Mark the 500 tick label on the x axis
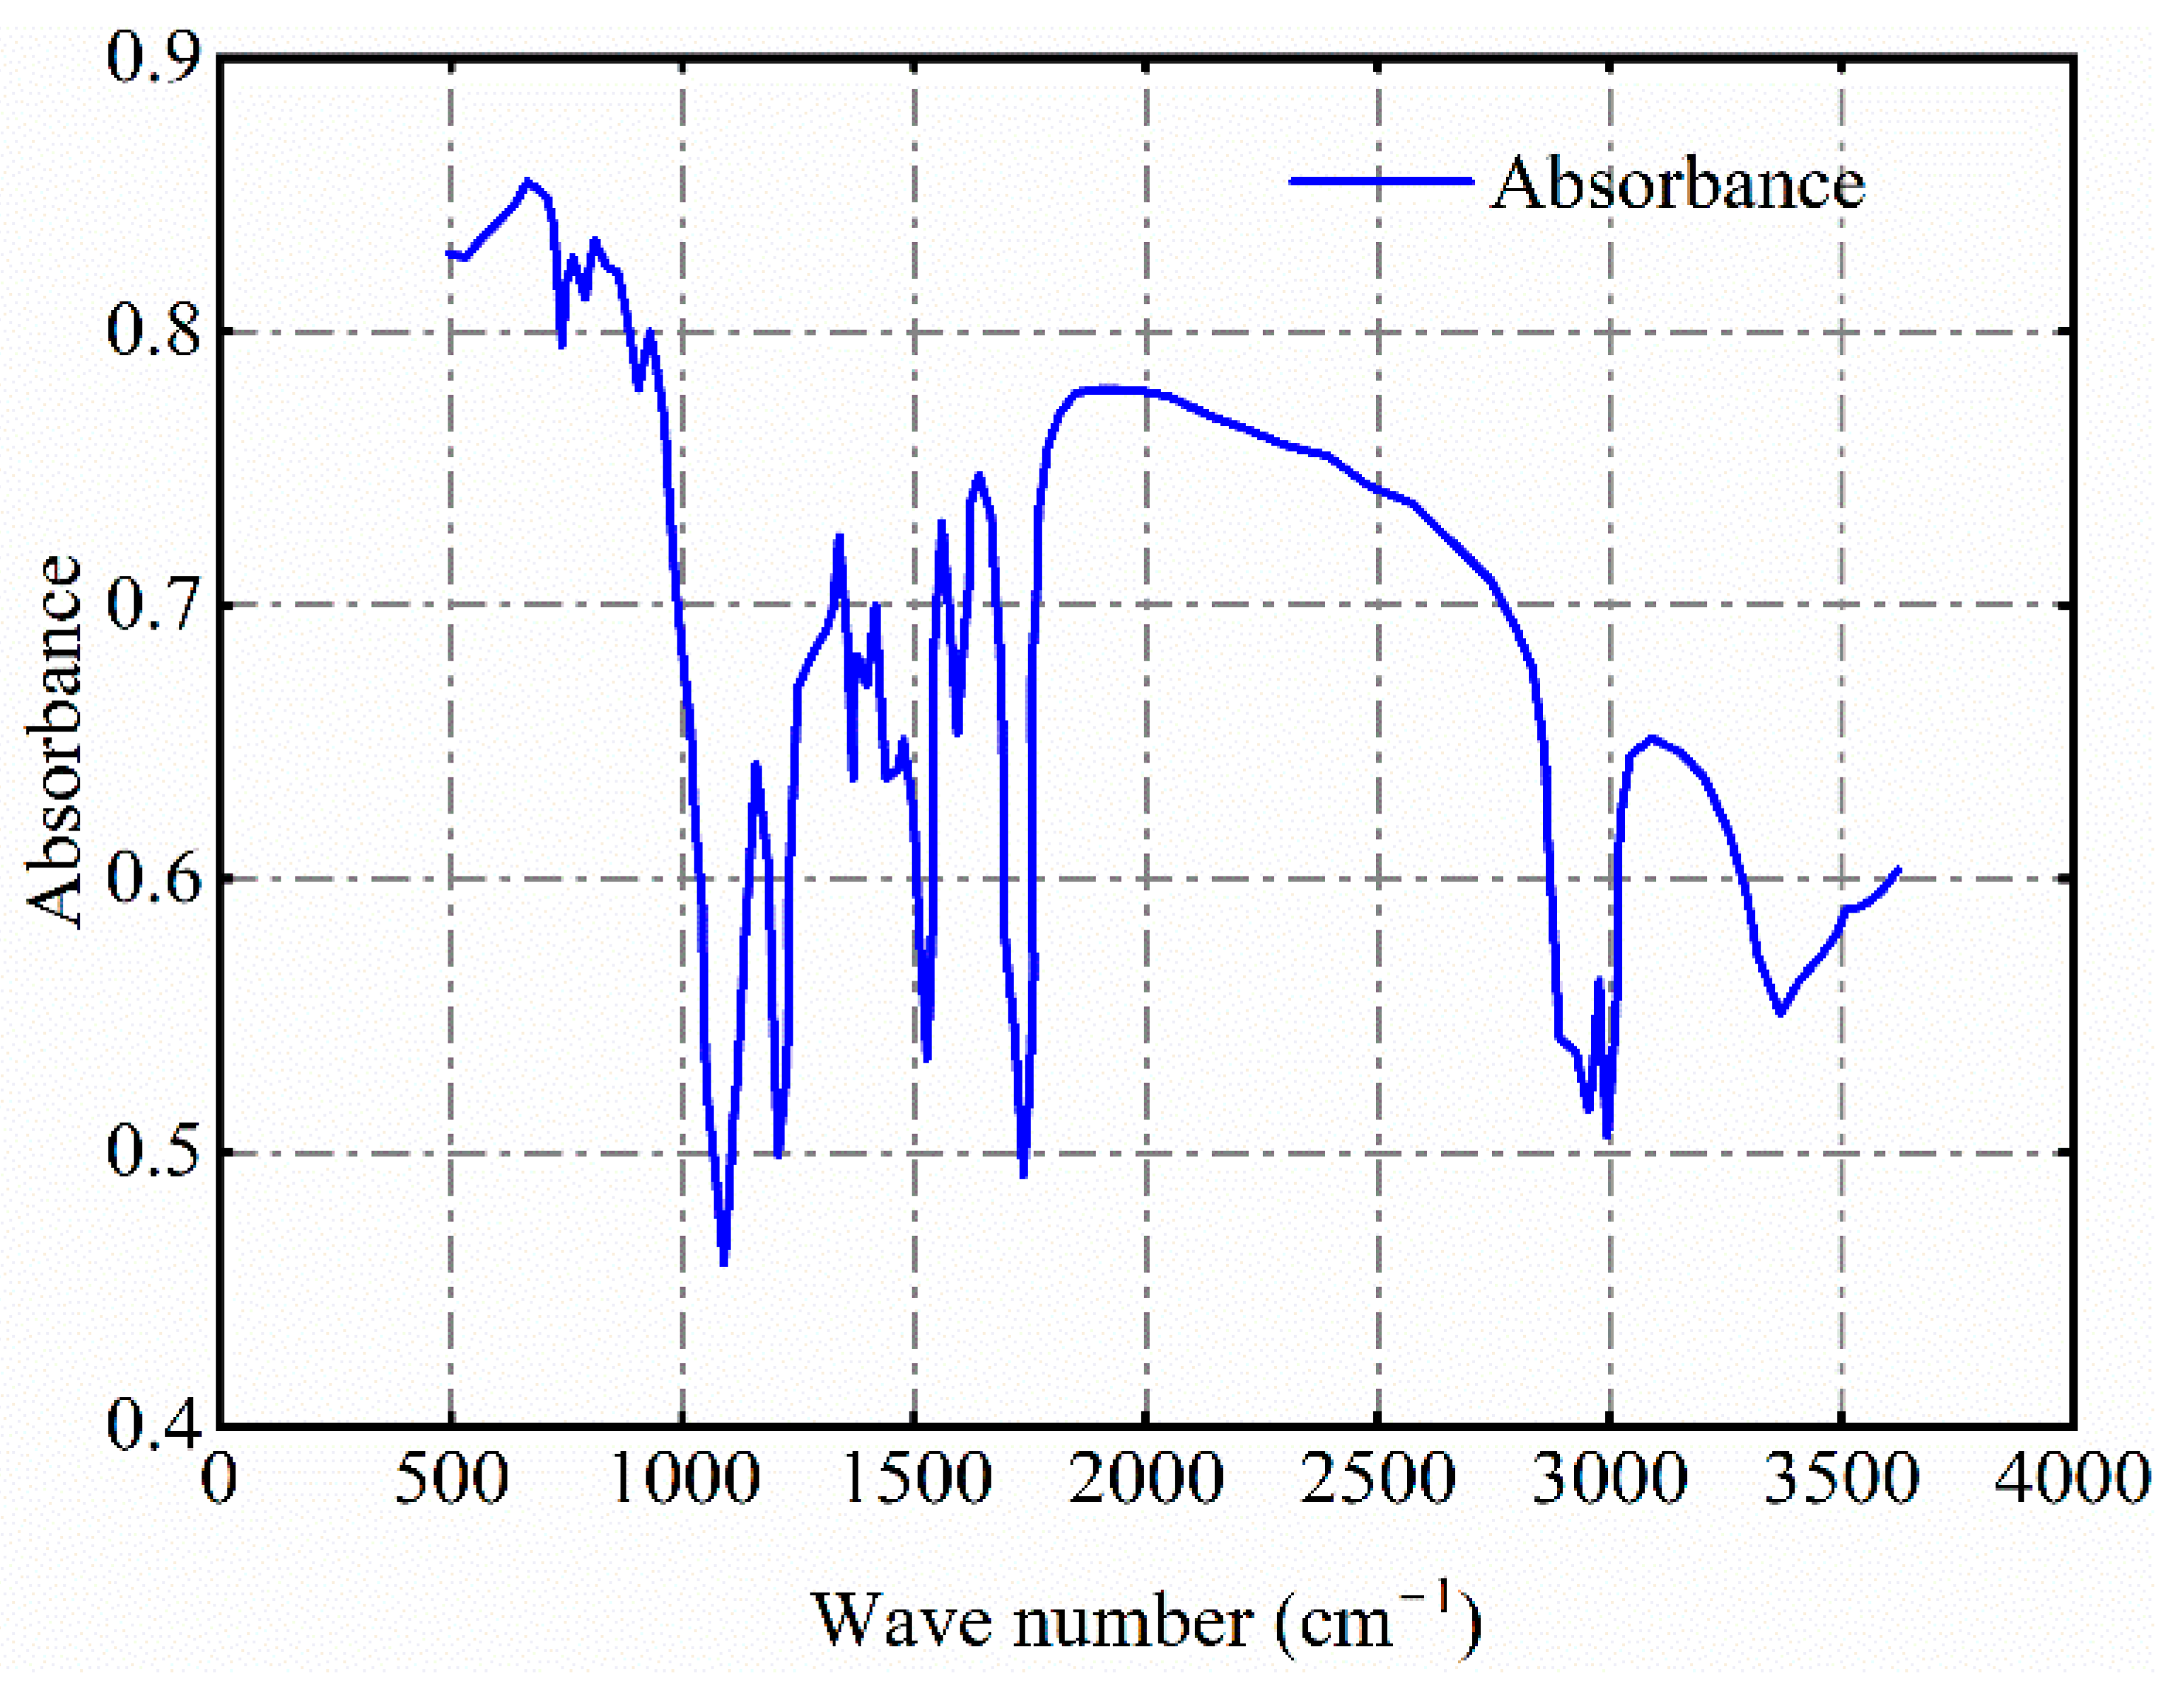452,1479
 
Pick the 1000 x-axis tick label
684,1479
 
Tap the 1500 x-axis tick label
915,1479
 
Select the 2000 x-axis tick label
1146,1479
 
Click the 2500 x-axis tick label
1378,1479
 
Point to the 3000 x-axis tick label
1609,1479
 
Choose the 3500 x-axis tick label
1841,1479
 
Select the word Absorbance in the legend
1677,184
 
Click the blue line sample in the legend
1380,180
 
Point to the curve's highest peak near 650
527,182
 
